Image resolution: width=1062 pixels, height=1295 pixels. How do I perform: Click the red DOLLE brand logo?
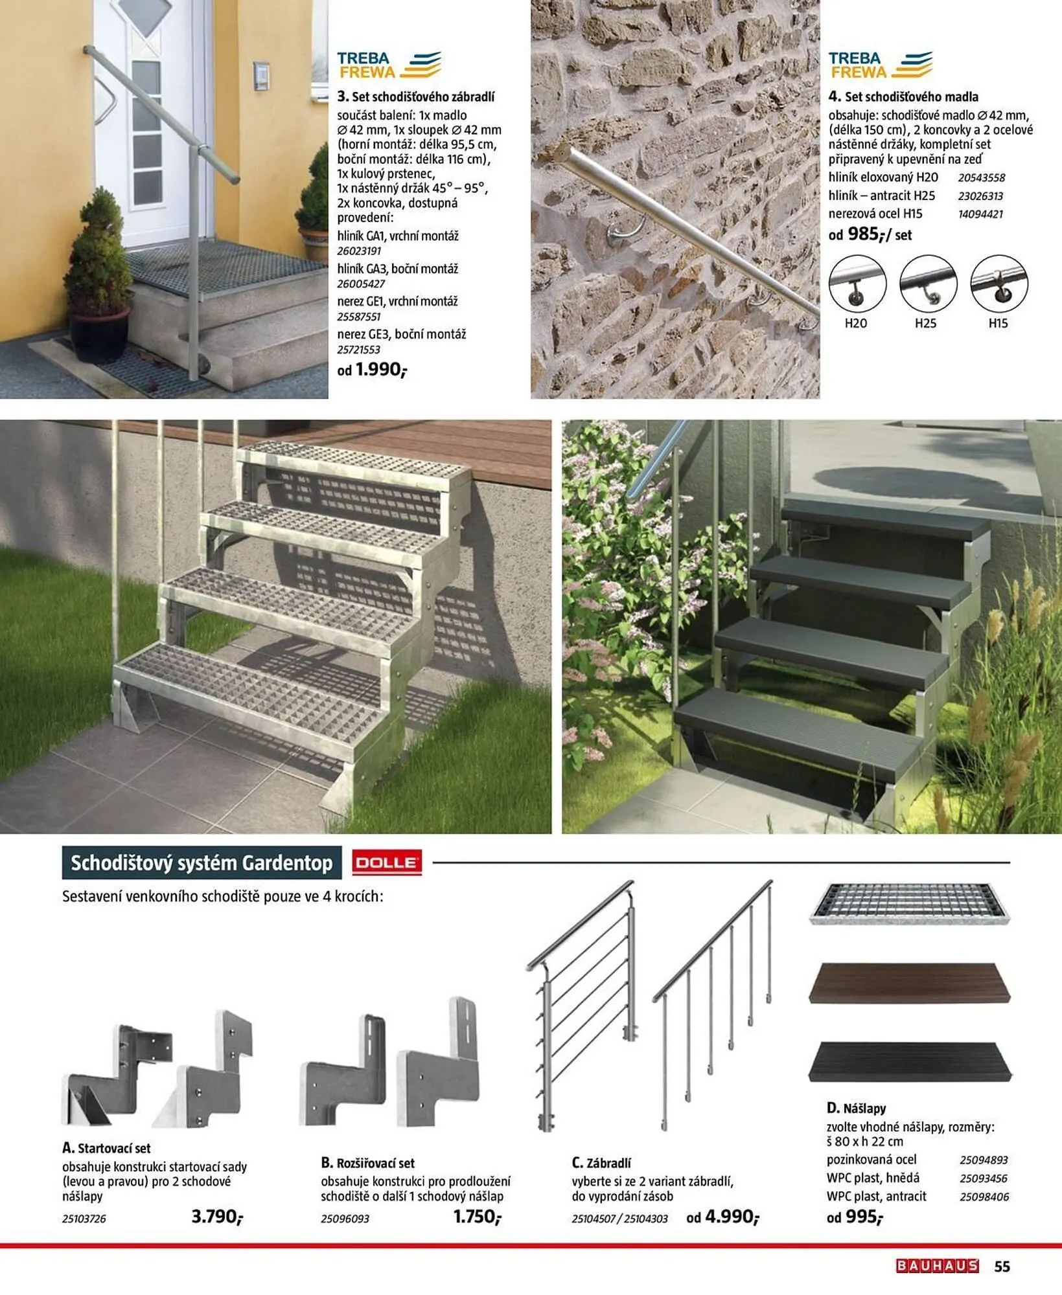[387, 863]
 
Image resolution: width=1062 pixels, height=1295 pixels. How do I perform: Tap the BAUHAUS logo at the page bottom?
[937, 1266]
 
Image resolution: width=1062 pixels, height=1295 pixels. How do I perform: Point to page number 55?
[1002, 1267]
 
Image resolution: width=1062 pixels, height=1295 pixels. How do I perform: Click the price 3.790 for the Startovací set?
[216, 1217]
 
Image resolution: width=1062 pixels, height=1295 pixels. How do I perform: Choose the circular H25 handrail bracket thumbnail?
[928, 284]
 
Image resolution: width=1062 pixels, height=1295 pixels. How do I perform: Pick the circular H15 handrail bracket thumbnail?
[999, 284]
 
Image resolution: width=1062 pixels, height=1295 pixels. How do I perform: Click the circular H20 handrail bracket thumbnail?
[857, 284]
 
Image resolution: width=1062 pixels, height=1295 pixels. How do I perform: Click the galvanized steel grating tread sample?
[909, 903]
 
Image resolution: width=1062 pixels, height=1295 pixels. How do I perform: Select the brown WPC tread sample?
[909, 983]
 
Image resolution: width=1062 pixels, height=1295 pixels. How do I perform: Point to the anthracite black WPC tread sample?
[909, 1062]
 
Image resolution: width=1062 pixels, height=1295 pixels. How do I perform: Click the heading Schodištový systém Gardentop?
[202, 863]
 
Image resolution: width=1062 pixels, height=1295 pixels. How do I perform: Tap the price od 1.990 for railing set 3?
[373, 370]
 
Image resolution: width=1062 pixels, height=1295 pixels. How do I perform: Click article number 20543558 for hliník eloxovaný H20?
[981, 177]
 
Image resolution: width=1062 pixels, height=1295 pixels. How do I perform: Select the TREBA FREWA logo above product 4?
[880, 65]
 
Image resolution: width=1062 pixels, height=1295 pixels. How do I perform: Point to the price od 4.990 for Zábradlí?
[722, 1217]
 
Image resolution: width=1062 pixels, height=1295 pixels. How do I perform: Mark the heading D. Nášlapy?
[856, 1108]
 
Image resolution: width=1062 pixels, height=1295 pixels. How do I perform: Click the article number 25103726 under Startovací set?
[84, 1219]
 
